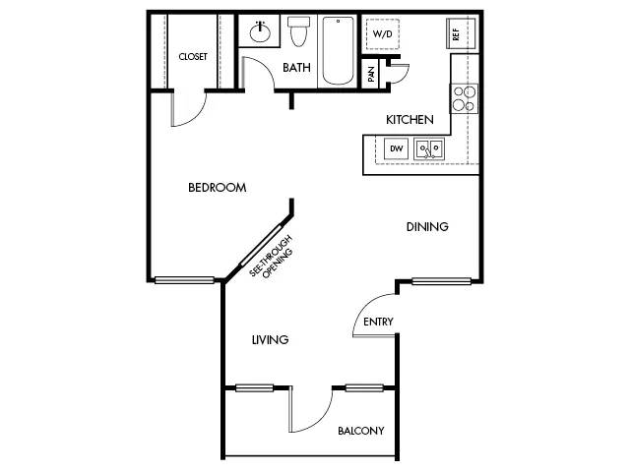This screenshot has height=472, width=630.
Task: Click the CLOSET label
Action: pos(193,57)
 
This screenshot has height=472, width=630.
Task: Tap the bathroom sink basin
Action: pos(260,32)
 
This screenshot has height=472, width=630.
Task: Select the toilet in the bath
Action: pos(298,30)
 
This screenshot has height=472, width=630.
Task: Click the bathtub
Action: pos(338,50)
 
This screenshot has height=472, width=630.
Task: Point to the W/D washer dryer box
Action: pos(383,34)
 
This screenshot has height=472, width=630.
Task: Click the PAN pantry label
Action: pos(371,74)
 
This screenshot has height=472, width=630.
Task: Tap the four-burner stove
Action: pos(465,98)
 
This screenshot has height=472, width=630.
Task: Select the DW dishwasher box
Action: pos(397,148)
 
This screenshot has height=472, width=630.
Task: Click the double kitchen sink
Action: pos(429,148)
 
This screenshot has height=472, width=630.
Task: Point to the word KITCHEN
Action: pos(409,120)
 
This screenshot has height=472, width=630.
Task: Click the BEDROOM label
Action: pos(218,188)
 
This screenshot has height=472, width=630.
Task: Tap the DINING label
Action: pos(427,227)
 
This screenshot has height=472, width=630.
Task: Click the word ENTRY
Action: pos(378,322)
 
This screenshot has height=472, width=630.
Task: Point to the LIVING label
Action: pos(270,340)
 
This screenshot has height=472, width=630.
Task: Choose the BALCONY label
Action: pos(361,431)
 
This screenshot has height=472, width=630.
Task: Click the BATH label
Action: pos(296,68)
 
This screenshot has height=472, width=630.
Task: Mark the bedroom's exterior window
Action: pos(184,280)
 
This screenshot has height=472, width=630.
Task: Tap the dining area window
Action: pos(441,281)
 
